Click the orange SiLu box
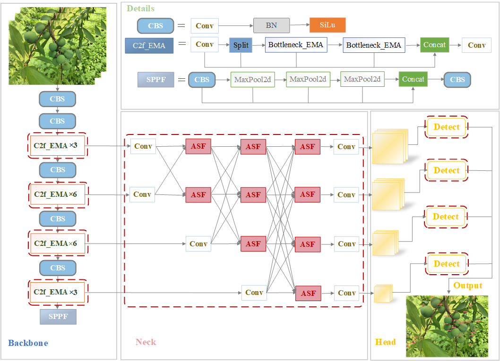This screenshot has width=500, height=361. (328, 25)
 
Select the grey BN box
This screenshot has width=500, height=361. (271, 25)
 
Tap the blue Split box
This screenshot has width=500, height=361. (241, 45)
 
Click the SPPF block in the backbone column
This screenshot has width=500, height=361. (58, 316)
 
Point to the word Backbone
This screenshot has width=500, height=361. (28, 343)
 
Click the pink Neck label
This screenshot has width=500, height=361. (146, 342)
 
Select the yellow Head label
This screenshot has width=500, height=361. (385, 342)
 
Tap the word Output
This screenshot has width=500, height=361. (467, 285)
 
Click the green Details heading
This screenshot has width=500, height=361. (141, 8)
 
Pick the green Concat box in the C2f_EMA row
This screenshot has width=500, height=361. (434, 45)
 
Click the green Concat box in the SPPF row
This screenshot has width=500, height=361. (413, 79)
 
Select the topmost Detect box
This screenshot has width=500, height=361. (446, 127)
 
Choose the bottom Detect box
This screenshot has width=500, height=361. (446, 264)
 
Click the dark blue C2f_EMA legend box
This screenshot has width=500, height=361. (148, 46)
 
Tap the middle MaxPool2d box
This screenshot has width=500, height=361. (308, 79)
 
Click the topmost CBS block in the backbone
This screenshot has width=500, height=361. (58, 99)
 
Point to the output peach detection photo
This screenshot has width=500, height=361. (447, 326)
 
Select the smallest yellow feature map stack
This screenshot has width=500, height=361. (383, 294)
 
